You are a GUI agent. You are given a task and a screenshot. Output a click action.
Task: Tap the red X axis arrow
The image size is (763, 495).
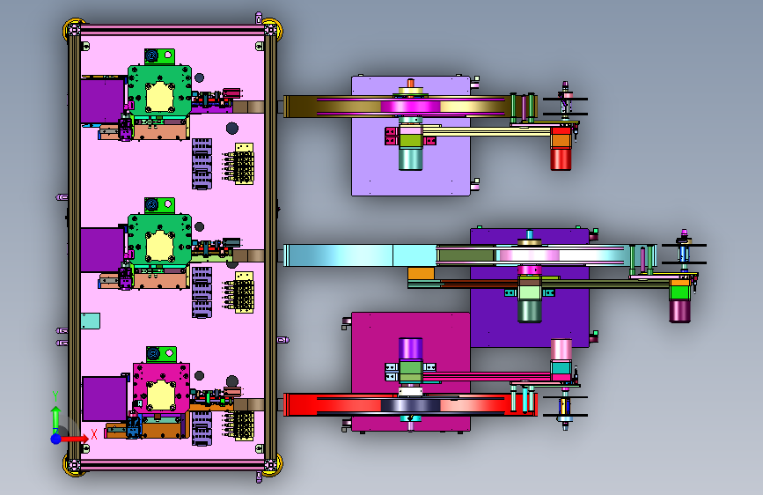[x=74, y=439]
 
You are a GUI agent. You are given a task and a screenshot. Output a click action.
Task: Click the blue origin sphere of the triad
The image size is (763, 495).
[x=56, y=439]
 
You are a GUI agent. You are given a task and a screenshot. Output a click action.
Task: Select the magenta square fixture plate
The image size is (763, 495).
[x=161, y=388]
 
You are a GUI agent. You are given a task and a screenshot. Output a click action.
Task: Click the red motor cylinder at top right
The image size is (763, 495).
[x=561, y=159]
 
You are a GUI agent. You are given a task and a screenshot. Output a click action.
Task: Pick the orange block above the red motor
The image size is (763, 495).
[x=561, y=140]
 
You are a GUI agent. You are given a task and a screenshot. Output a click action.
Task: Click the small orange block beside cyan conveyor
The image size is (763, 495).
[x=421, y=273]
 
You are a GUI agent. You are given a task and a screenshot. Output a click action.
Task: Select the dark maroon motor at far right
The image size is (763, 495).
[x=679, y=311]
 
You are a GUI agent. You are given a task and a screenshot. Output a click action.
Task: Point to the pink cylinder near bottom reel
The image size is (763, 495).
[x=561, y=350]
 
